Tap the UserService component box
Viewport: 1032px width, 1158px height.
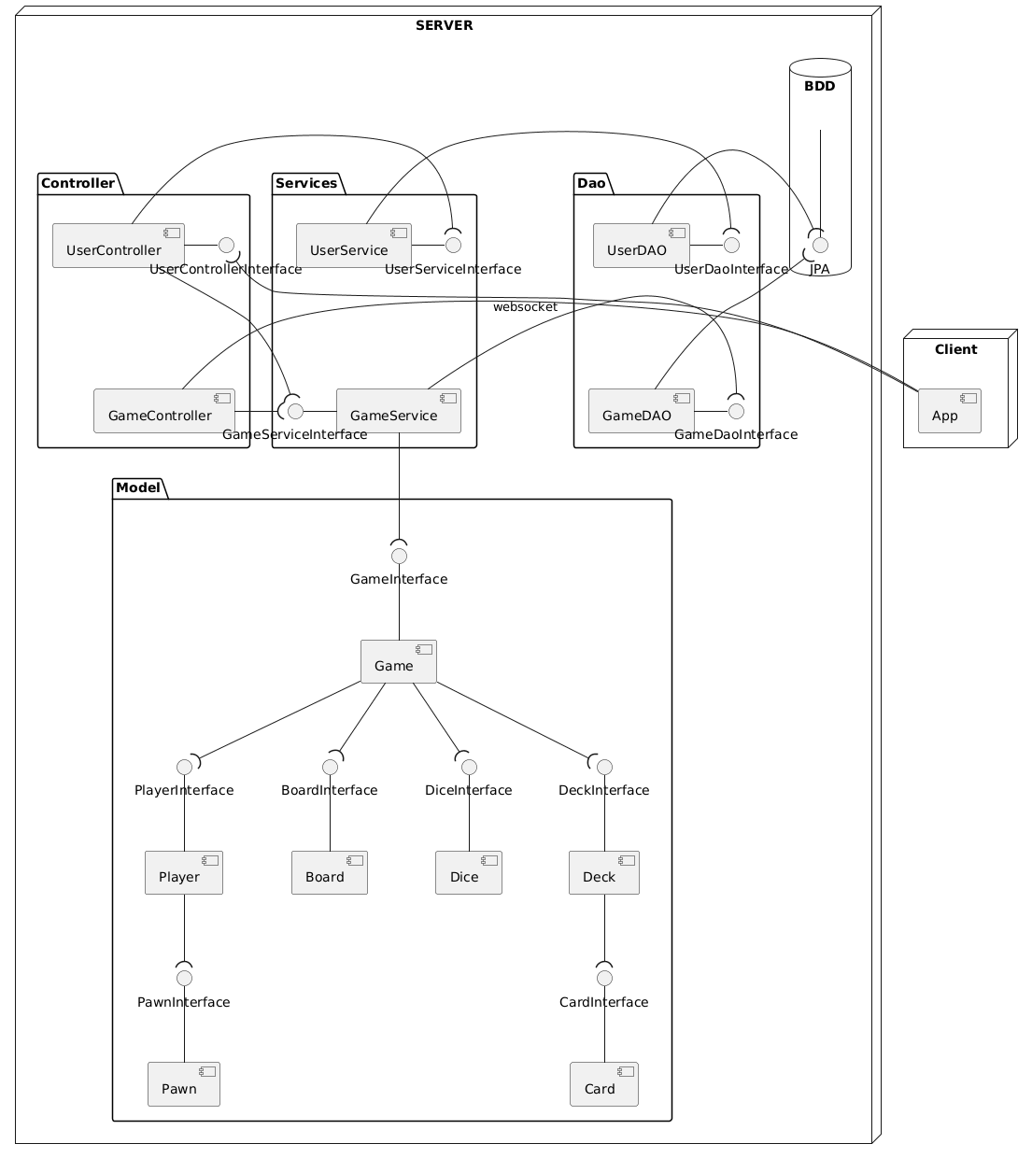click(353, 246)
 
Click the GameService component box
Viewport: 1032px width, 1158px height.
click(398, 411)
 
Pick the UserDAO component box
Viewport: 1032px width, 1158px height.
click(641, 246)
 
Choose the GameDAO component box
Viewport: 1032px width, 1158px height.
click(641, 411)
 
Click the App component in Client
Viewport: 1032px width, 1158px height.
click(949, 411)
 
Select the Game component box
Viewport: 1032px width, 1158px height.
click(398, 662)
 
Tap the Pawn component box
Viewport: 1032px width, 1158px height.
click(184, 1084)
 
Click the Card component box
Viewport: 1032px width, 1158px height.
click(604, 1084)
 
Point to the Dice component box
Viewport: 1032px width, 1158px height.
click(468, 873)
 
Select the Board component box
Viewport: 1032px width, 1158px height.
click(330, 873)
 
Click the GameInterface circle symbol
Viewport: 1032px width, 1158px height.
click(399, 556)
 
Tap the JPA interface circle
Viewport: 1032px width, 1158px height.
click(820, 246)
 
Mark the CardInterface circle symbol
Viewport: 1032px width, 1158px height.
click(604, 978)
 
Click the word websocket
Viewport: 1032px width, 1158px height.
click(525, 307)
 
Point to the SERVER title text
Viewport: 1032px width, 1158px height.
click(444, 25)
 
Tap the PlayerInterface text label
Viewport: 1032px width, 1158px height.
click(184, 791)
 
